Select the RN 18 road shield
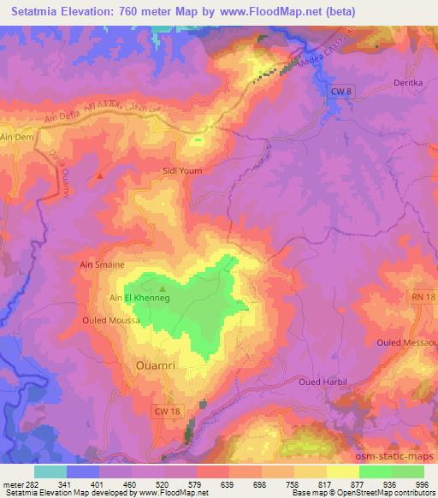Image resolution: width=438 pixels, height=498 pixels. click(x=423, y=296)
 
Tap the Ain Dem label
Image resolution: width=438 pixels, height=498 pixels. click(x=15, y=138)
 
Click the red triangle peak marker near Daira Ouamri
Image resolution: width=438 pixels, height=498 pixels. click(x=101, y=177)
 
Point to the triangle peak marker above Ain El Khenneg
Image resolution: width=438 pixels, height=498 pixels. click(x=162, y=288)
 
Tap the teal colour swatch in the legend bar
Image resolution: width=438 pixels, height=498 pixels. click(x=51, y=471)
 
